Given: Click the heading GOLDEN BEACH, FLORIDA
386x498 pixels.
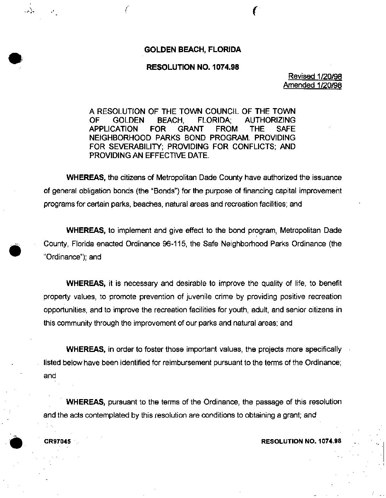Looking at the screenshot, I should coord(192,50).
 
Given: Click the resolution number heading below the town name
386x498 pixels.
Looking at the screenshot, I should coord(192,67).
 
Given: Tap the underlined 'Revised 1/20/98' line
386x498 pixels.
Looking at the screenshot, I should coord(315,76).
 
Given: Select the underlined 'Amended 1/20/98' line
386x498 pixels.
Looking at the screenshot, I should coord(312,85).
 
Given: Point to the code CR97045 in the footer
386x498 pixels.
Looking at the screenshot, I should coord(57,442).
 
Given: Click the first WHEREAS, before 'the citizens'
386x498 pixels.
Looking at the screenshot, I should coord(86,178).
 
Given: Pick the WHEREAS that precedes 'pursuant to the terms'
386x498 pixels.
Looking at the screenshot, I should coord(86,402).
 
